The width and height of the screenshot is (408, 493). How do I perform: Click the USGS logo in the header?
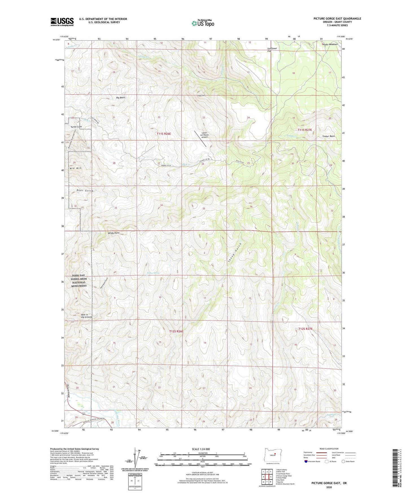click(x=62, y=22)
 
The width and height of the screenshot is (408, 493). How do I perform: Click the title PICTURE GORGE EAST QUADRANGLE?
click(x=337, y=19)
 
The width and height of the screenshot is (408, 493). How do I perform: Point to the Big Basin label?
click(x=121, y=97)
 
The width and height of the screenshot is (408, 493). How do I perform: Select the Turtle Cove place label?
click(x=76, y=127)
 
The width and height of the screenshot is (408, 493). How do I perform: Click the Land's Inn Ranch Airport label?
click(x=204, y=135)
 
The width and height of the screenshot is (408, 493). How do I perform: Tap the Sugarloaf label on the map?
click(x=201, y=96)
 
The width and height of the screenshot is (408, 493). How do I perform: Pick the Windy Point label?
click(x=114, y=233)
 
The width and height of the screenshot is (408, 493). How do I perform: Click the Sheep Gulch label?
click(x=235, y=252)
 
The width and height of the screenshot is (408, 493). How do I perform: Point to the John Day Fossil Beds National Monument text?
click(x=79, y=281)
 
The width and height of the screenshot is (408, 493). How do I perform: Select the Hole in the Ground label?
click(x=86, y=316)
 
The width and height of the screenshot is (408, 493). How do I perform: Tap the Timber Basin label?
click(x=328, y=136)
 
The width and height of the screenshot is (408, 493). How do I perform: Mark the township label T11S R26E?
click(x=164, y=134)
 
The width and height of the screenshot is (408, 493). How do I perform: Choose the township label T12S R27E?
click(x=306, y=329)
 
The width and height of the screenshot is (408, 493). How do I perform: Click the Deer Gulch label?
click(x=85, y=191)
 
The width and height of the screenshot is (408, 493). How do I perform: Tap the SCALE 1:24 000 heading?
click(x=201, y=449)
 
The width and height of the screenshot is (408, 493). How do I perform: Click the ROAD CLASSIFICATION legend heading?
click(x=329, y=449)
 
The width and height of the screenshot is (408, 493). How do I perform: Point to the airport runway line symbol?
click(x=200, y=138)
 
